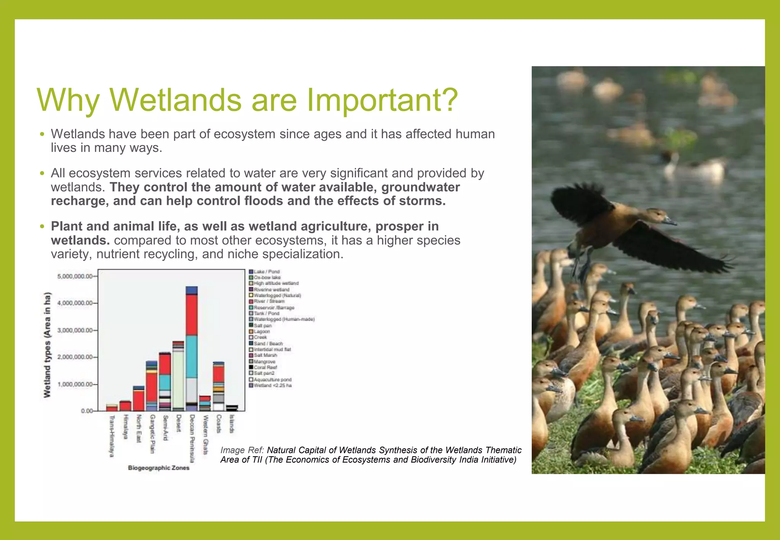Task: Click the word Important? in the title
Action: click(382, 100)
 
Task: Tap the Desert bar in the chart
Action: click(178, 377)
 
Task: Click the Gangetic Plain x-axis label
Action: click(152, 434)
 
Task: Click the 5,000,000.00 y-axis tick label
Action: click(75, 276)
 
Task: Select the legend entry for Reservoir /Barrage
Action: click(273, 307)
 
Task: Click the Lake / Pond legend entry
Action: click(266, 272)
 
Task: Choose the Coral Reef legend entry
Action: click(265, 367)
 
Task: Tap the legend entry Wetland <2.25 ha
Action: click(272, 385)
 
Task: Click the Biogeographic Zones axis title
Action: click(158, 468)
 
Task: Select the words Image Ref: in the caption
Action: click(242, 450)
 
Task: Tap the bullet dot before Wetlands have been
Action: click(42, 134)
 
